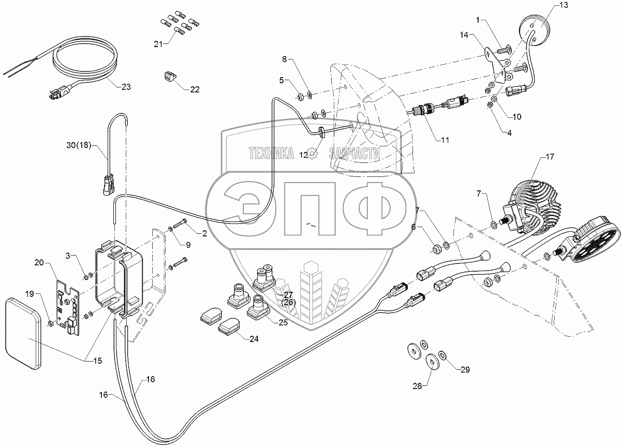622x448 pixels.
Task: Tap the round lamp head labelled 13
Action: [x=533, y=26]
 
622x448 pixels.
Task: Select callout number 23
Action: [x=126, y=87]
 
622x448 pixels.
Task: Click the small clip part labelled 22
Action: [x=169, y=77]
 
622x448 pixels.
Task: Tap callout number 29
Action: [x=466, y=369]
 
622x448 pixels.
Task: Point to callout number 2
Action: [x=204, y=234]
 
